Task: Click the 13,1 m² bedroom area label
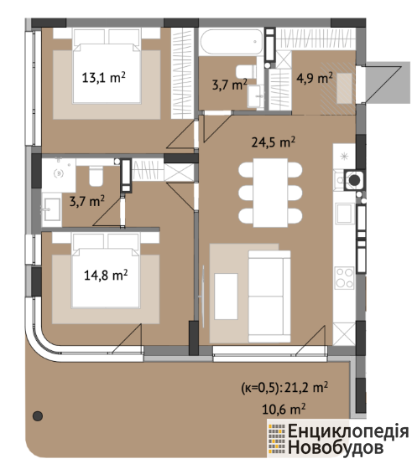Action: (x=103, y=78)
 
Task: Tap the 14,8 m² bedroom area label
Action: (x=106, y=275)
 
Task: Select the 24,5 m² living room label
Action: (x=274, y=142)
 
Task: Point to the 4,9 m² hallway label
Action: (x=315, y=79)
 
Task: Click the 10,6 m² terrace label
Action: (x=284, y=410)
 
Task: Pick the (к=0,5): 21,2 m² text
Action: (x=284, y=388)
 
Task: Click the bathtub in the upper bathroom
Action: (x=232, y=41)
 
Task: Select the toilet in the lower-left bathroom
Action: (x=96, y=176)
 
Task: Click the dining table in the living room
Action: (x=270, y=193)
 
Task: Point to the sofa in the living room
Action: (x=269, y=296)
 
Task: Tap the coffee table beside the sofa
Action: (x=226, y=296)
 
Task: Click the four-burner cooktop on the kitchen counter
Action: (x=344, y=278)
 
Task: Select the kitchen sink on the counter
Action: (x=345, y=213)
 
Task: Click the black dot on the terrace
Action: (x=38, y=416)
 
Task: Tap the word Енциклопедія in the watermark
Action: (x=348, y=430)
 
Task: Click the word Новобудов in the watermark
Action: (x=336, y=447)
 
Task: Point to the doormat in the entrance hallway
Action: (x=344, y=88)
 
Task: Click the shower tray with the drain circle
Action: (x=59, y=173)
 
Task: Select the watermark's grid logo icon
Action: (x=277, y=439)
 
